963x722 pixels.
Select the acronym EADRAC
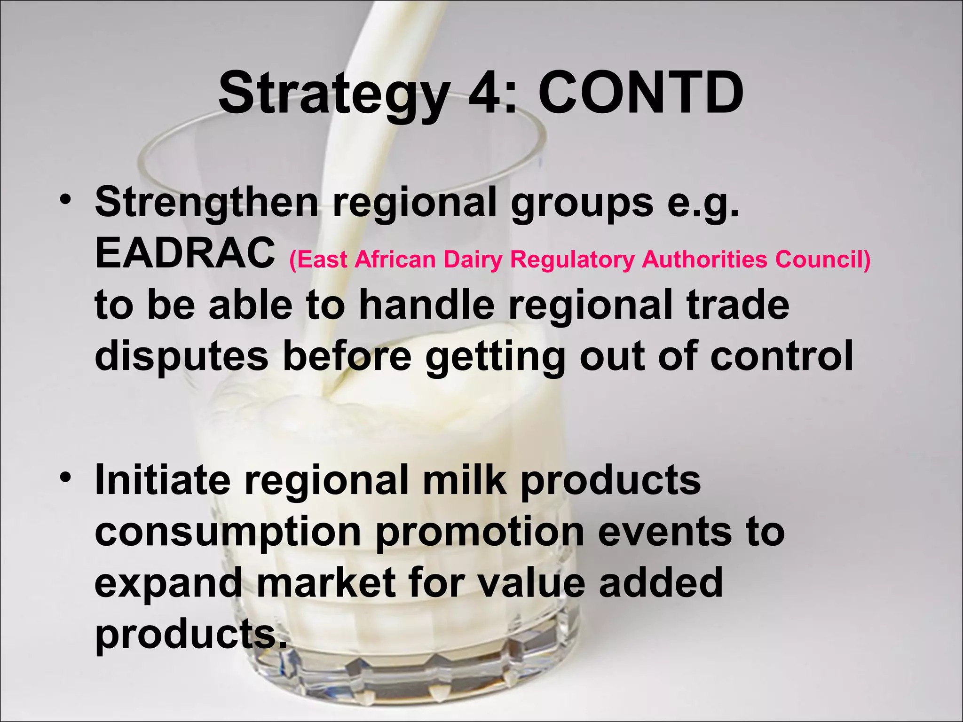click(x=185, y=253)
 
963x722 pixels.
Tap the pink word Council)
click(x=822, y=259)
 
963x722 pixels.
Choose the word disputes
click(x=182, y=357)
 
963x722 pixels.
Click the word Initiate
click(x=163, y=480)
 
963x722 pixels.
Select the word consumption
click(x=228, y=533)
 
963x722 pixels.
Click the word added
click(x=661, y=582)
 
